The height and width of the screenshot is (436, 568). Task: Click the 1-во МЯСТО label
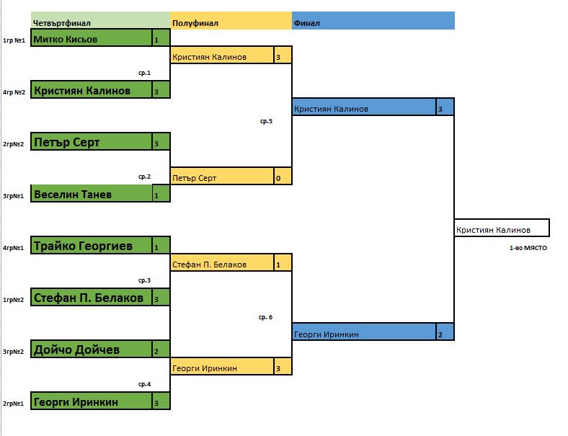[529, 247]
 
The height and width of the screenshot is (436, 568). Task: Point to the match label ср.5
[266, 121]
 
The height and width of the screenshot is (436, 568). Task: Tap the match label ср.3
[144, 280]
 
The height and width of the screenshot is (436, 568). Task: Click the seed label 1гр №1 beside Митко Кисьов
[14, 40]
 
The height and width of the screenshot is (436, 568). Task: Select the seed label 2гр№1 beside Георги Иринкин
[14, 403]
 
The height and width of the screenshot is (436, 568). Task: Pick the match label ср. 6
[266, 317]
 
